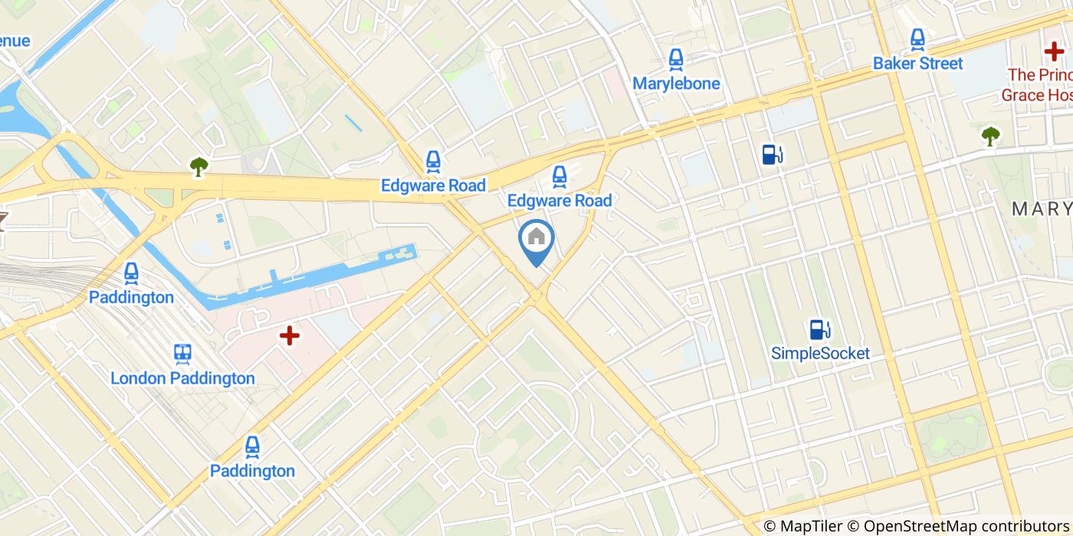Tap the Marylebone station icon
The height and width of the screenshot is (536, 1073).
[x=675, y=59]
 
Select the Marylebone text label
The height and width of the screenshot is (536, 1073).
[x=676, y=83]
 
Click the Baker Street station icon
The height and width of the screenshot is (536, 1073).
[x=917, y=38]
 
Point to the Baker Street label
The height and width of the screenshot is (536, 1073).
[x=917, y=64]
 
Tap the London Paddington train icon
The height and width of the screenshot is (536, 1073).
[x=182, y=353]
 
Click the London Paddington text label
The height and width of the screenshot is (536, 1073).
[x=182, y=378]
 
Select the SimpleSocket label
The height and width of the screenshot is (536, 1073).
[x=820, y=354]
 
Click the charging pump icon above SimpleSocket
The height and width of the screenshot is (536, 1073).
[x=820, y=329]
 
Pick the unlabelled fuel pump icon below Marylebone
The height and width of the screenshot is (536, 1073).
[x=772, y=155]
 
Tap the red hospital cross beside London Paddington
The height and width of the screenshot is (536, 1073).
[x=289, y=335]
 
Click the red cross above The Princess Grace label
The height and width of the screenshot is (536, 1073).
[x=1054, y=51]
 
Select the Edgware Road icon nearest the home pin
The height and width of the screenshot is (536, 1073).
[x=559, y=177]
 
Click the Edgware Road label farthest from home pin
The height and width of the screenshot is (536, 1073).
[x=433, y=186]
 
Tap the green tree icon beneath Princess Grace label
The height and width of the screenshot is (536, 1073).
[x=990, y=136]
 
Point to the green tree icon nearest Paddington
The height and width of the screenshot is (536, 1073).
[x=199, y=166]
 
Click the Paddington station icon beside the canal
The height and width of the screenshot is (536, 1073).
[x=131, y=273]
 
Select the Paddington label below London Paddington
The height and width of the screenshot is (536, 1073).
[x=252, y=471]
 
